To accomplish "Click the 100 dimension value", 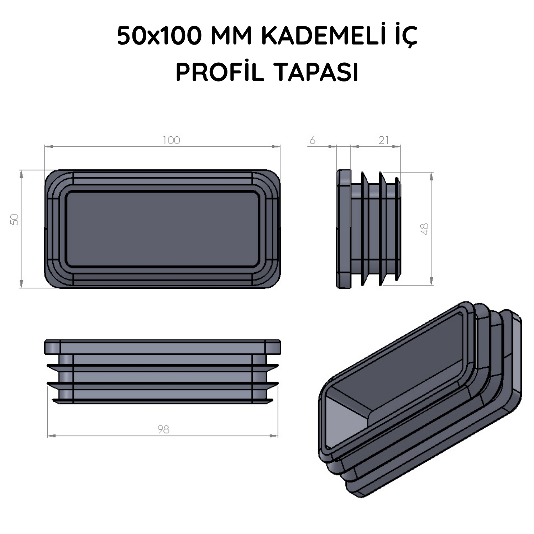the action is click(172, 140).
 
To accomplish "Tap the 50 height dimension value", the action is click(15, 219).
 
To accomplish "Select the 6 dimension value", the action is click(312, 141).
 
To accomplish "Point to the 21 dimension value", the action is click(383, 140).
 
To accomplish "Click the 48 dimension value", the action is click(424, 229).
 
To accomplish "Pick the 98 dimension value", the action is click(163, 430).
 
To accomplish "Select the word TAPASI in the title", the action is click(316, 73).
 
